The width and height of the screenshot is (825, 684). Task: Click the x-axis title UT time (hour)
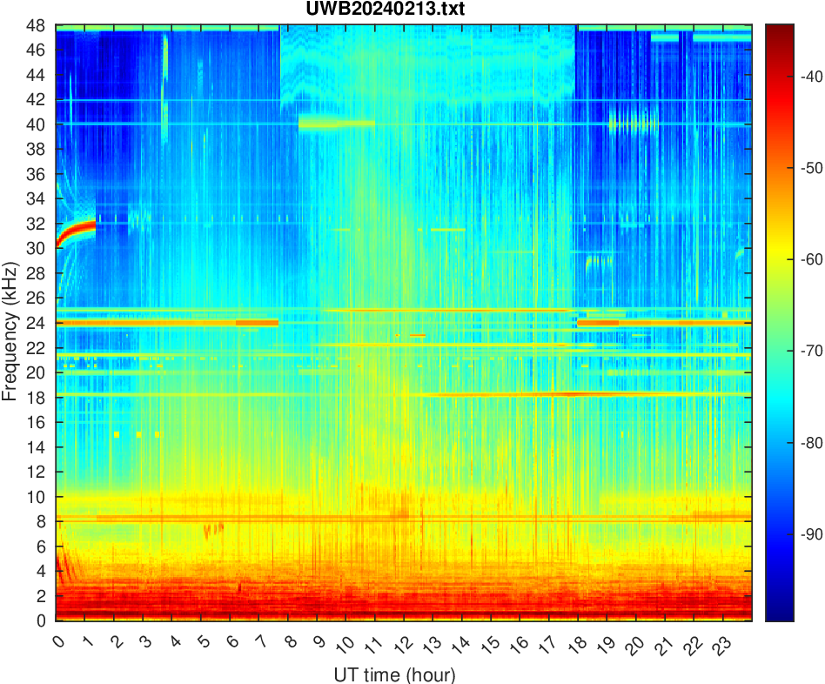pos(394,674)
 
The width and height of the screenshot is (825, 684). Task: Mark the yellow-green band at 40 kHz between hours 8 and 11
pos(336,124)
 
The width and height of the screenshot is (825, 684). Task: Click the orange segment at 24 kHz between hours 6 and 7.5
pos(257,323)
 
